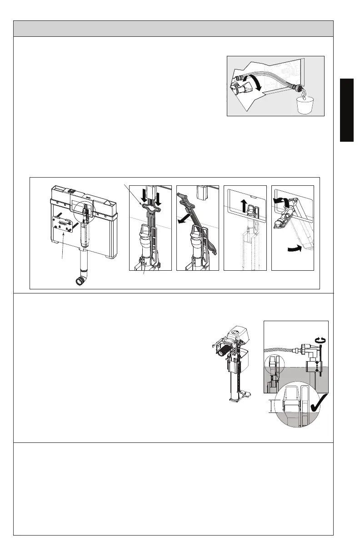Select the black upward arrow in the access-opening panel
244,205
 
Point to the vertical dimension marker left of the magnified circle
271,406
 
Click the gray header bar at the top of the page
173,28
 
